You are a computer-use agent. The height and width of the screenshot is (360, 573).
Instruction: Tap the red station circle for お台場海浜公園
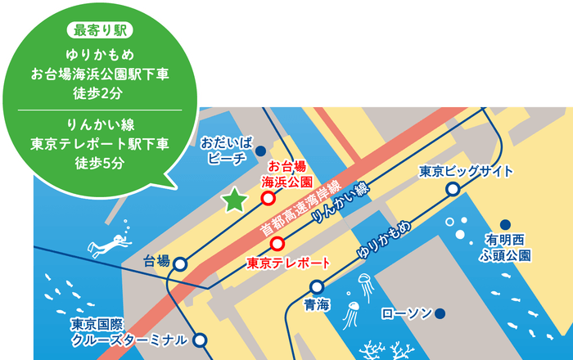[x=268, y=198]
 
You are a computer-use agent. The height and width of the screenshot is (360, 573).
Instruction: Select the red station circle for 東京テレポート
[x=277, y=243]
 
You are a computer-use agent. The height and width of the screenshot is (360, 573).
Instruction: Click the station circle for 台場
[x=179, y=263]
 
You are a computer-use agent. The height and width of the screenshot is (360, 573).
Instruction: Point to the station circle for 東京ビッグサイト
[x=452, y=190]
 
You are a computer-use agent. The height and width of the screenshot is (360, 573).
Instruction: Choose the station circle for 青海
[x=317, y=287]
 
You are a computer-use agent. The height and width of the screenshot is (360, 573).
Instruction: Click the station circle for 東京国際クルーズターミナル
[x=201, y=340]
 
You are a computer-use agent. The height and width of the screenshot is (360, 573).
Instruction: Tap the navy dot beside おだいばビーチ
[x=260, y=151]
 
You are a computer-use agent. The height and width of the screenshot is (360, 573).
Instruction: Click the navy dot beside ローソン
[x=440, y=313]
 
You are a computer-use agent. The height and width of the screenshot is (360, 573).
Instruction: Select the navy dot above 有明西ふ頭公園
[x=505, y=224]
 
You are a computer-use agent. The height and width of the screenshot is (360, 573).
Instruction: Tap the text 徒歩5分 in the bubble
[x=100, y=163]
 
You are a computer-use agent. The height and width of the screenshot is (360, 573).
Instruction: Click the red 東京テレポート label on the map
[x=287, y=263]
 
